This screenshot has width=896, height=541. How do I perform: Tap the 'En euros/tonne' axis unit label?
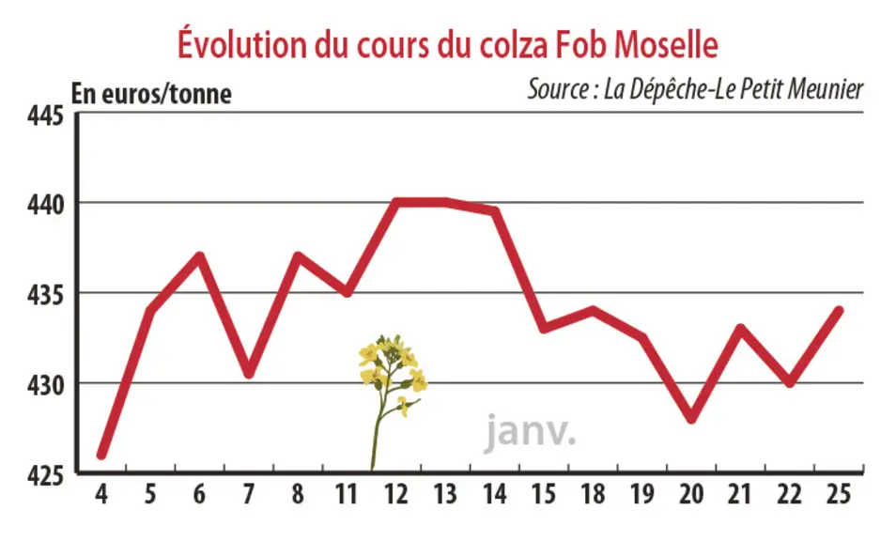click(151, 94)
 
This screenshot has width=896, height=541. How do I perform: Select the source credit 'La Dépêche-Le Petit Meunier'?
click(695, 89)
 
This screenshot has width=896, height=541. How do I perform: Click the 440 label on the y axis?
click(46, 205)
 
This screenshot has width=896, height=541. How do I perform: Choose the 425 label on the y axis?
click(46, 475)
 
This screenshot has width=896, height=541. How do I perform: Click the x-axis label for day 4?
click(101, 495)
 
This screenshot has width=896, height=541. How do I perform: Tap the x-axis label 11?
click(347, 495)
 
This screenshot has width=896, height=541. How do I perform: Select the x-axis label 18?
click(594, 495)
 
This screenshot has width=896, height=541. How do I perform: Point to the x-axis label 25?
click(839, 495)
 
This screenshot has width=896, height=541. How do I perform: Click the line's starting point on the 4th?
click(101, 455)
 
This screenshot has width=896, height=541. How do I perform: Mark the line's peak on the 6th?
click(199, 255)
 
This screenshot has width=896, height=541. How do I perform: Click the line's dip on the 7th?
click(249, 374)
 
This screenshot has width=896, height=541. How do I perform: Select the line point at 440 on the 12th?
click(396, 202)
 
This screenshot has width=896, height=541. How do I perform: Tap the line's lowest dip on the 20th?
click(691, 419)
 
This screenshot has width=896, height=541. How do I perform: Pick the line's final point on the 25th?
click(839, 311)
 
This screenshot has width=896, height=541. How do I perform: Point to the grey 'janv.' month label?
click(531, 432)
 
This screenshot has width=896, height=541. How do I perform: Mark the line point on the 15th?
click(544, 329)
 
